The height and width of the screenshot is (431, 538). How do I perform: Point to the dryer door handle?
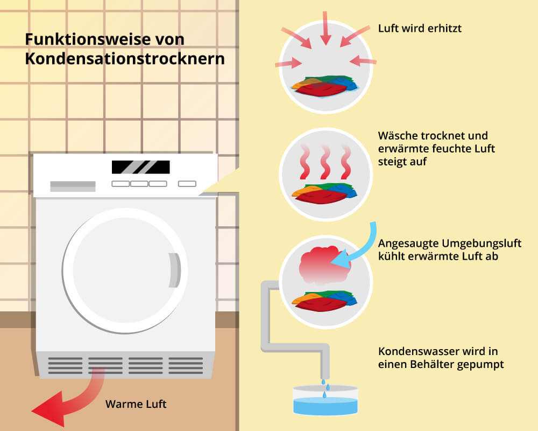(x=173, y=269)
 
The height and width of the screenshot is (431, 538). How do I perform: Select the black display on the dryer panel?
(x=140, y=167)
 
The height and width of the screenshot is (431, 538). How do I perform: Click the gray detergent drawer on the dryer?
(x=73, y=186)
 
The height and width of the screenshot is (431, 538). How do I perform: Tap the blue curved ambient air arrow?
(x=358, y=248)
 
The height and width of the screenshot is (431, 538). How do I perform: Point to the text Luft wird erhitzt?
(x=420, y=28)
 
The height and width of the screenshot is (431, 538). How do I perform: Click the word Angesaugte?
(x=405, y=244)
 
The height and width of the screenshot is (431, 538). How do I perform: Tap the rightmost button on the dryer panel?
(x=187, y=184)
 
